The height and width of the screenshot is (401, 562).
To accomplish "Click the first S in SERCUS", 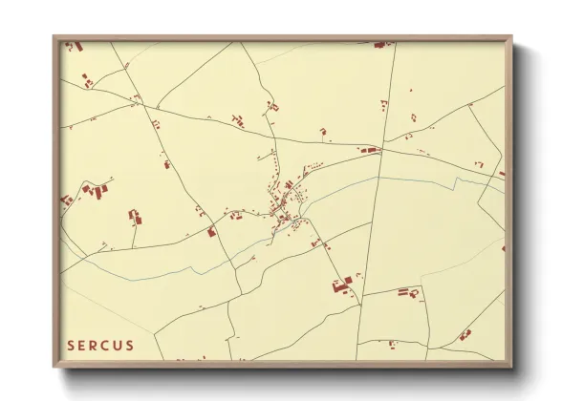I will (71, 345).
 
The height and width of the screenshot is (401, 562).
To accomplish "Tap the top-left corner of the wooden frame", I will (54, 37).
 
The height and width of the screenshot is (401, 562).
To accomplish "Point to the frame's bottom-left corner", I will (54, 368).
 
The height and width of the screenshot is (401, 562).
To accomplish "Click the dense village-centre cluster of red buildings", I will (284, 214).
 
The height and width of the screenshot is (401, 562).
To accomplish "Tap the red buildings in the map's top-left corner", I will (76, 45).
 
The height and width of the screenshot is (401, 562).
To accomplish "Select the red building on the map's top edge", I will (379, 44).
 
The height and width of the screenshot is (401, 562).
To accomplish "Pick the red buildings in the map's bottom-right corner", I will (465, 334).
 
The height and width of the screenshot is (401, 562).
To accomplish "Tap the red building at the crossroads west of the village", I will (211, 230).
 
